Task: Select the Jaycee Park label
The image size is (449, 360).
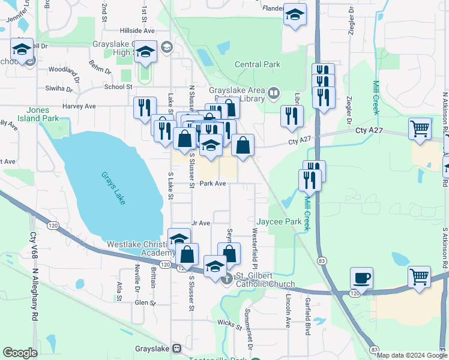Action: coord(279,221)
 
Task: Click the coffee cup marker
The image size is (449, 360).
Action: coord(361,278)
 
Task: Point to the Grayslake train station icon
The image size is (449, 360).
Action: coord(176,348)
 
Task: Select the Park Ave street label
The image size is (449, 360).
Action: coord(212,184)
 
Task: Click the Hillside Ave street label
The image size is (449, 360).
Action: coord(137,30)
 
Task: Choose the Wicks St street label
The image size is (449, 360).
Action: coord(229,326)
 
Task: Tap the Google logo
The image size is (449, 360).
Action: coord(20,353)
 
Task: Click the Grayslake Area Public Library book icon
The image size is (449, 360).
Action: coord(274,92)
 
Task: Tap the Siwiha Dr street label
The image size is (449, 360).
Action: coord(58,88)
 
